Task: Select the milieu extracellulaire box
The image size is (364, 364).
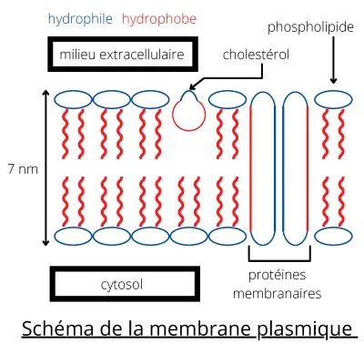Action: tap(122, 56)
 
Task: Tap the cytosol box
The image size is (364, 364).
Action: tap(122, 284)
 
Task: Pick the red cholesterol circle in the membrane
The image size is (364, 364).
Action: tap(189, 112)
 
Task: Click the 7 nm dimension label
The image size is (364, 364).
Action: tap(21, 168)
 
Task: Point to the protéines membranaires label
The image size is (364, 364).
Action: tap(282, 284)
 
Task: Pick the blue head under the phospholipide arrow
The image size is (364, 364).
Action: tap(334, 98)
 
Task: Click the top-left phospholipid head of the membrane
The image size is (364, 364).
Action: tap(72, 98)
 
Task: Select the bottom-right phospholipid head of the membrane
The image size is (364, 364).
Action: tap(334, 238)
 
